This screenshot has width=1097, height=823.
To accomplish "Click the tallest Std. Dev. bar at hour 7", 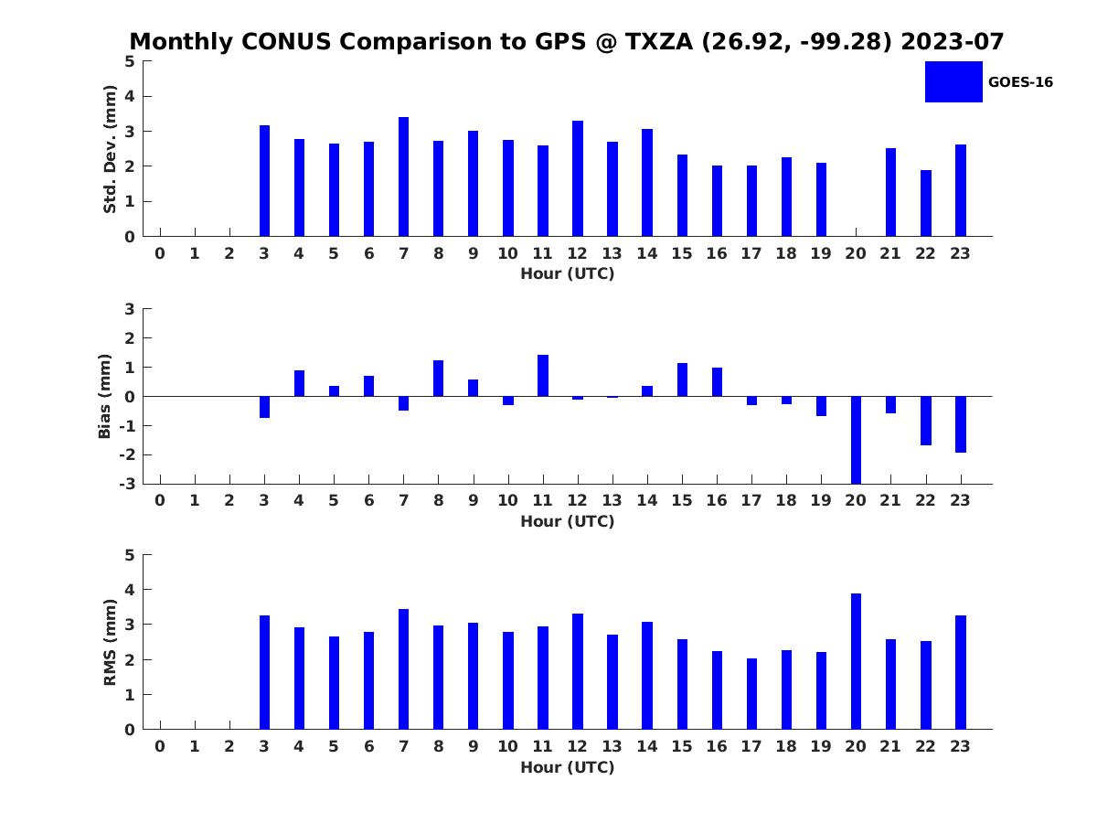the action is point(403,176).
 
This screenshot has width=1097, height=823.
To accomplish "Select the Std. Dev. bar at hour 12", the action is point(577,178).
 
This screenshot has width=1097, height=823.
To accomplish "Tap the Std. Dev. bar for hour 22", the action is point(925,203).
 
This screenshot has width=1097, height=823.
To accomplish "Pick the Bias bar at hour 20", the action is point(856,440).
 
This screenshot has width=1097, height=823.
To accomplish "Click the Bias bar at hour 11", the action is point(543,375).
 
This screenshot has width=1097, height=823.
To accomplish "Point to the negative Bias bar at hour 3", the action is point(264,407).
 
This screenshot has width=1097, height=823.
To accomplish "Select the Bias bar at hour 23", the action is point(960,424).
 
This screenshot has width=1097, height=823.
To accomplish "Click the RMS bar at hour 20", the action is point(856,661).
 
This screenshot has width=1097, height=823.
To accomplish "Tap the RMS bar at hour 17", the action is point(751,693).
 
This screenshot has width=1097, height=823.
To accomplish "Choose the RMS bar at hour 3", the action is point(264,672).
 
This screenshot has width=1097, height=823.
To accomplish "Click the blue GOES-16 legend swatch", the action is point(953,82).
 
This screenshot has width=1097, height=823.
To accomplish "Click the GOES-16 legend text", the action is point(1020,82).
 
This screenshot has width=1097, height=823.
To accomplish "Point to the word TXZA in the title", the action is point(659,41).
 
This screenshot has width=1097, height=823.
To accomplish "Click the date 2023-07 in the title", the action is point(952,41).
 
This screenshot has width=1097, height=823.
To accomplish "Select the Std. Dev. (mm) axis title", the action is point(110,149).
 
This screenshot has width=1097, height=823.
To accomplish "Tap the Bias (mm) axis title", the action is point(104,396).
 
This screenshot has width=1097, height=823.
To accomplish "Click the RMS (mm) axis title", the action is point(110,642).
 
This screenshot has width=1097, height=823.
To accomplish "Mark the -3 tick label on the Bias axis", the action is point(127,484).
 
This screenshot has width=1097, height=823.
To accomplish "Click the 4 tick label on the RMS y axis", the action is point(130,590).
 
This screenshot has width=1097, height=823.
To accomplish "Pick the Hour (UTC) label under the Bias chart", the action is point(568,521).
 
